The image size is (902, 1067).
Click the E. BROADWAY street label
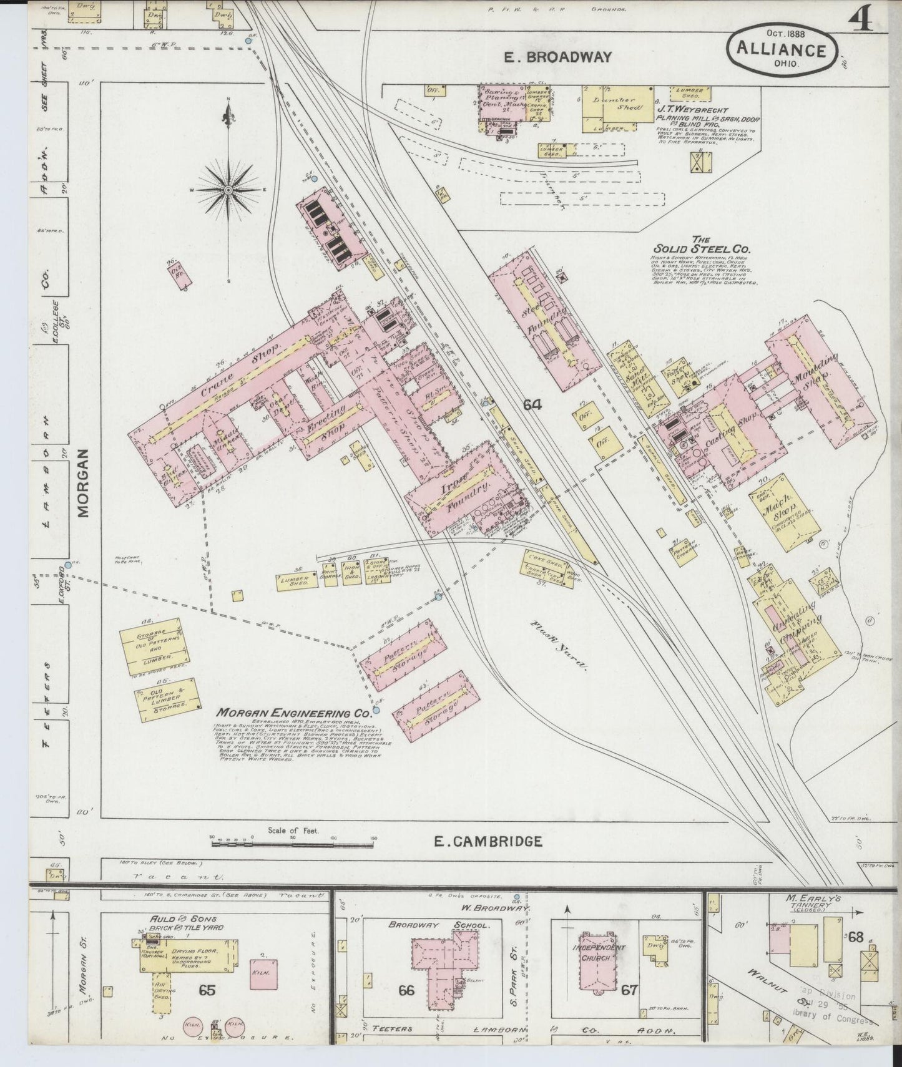pos(557,57)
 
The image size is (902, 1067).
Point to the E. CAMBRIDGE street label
pos(488,841)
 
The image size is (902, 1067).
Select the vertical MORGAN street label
pos(84,484)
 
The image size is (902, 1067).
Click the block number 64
pos(532,405)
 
